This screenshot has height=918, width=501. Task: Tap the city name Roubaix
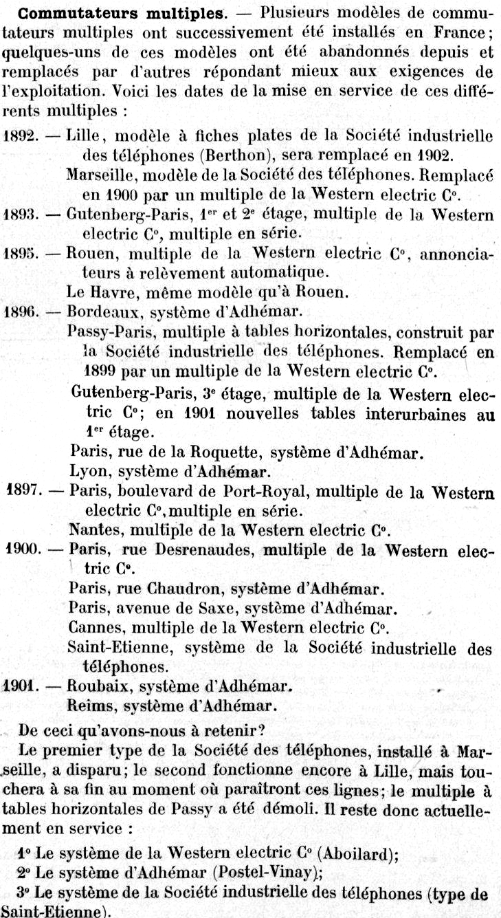click(96, 686)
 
